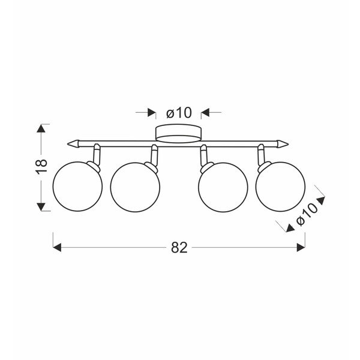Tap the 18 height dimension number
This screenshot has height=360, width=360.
coord(41,167)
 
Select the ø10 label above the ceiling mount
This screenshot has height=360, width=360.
coord(178,112)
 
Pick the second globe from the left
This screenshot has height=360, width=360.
coord(136,187)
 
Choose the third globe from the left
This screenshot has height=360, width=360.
coord(223,187)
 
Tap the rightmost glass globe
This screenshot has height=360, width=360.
coord(280,187)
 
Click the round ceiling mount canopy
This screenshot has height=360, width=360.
coord(178,133)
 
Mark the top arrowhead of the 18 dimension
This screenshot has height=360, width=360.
coord(41,128)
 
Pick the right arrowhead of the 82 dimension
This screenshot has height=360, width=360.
coord(301,247)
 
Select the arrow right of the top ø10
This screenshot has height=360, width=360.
coord(205,112)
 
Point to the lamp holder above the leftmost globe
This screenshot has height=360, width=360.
coord(95,155)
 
